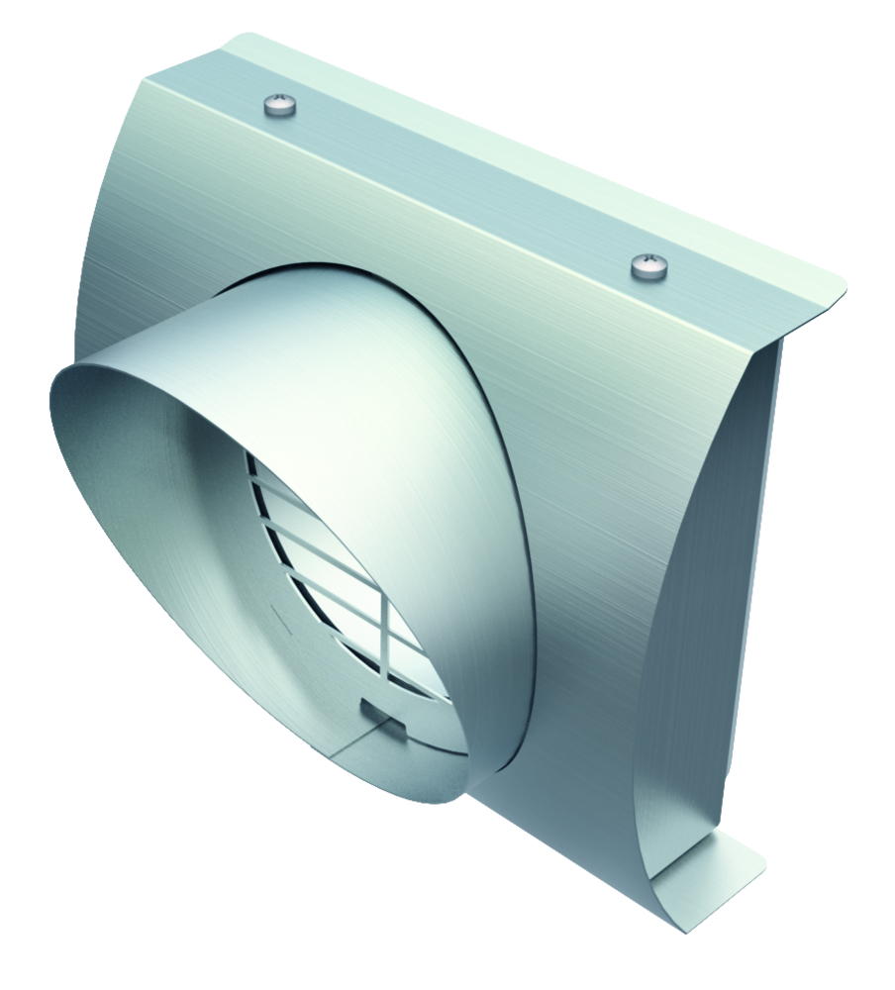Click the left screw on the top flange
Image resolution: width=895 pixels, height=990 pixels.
tap(279, 104)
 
